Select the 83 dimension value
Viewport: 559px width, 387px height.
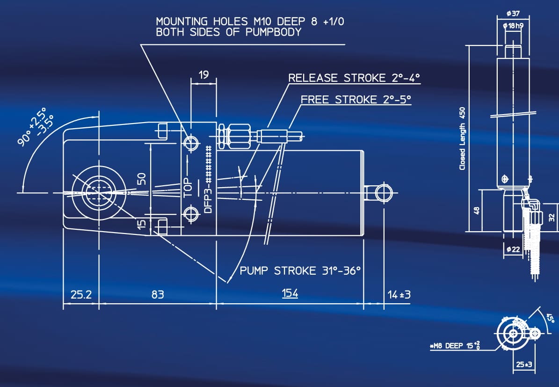click(157, 295)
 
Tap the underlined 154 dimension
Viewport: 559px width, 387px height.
click(290, 293)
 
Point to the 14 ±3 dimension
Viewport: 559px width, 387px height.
click(399, 295)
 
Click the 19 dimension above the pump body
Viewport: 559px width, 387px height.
click(203, 74)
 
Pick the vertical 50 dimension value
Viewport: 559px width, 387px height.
click(143, 178)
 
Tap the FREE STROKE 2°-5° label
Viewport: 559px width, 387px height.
click(356, 99)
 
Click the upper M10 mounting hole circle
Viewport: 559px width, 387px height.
click(191, 142)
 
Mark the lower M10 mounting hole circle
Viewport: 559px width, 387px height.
click(191, 215)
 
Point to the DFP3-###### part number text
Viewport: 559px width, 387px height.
click(209, 179)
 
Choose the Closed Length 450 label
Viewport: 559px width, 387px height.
click(462, 138)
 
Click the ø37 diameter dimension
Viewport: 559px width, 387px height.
click(513, 13)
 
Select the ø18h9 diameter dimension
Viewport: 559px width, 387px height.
click(513, 25)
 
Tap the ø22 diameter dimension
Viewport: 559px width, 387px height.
click(513, 250)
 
